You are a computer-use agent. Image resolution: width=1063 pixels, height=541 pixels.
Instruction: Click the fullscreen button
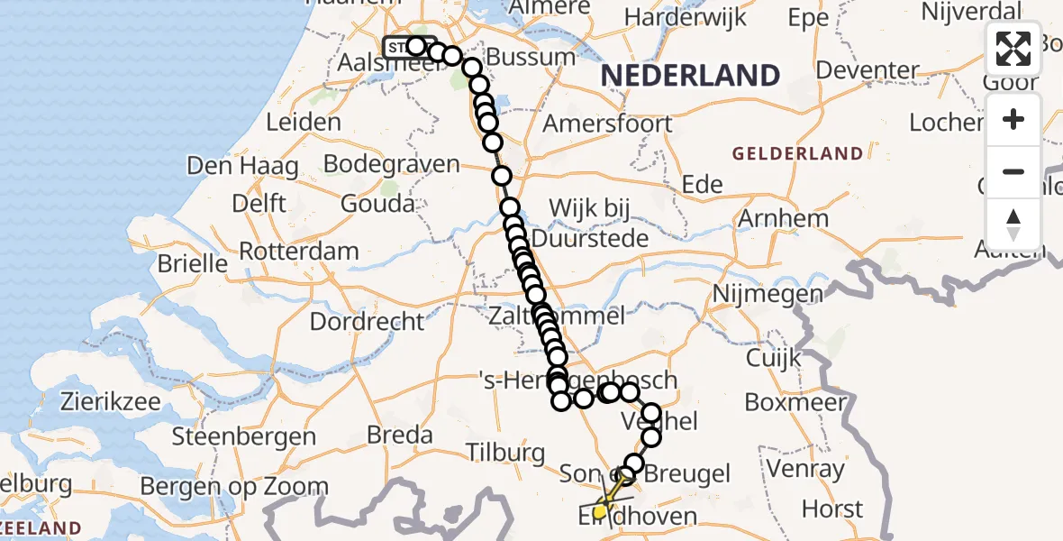click(1013, 48)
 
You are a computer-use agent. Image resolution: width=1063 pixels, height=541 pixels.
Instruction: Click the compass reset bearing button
click(1013, 223)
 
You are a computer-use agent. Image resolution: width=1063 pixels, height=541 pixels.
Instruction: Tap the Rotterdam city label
click(299, 251)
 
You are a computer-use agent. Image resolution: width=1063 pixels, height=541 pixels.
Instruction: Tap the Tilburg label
click(505, 452)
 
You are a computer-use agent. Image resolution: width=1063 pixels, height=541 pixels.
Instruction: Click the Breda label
click(400, 435)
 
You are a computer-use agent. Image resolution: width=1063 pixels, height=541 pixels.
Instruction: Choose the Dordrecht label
click(367, 321)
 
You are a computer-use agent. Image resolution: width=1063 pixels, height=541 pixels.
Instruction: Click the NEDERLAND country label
click(690, 76)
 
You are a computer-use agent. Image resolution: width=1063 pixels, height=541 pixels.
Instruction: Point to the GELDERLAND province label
click(797, 154)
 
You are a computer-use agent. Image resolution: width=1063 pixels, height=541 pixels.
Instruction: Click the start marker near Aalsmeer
click(400, 47)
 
